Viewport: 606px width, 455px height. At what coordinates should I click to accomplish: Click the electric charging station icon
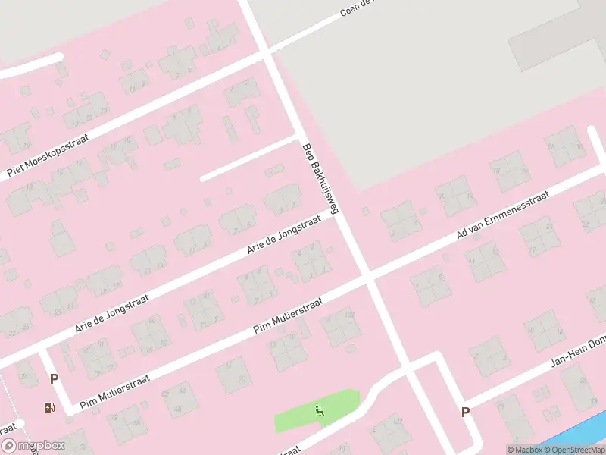click(50, 407)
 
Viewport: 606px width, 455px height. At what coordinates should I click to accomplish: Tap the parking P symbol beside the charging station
click(54, 378)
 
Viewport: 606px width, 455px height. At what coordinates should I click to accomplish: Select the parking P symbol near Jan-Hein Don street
click(465, 412)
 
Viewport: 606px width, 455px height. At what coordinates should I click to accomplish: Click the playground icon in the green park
click(320, 410)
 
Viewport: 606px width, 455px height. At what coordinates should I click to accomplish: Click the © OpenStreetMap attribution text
click(571, 450)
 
